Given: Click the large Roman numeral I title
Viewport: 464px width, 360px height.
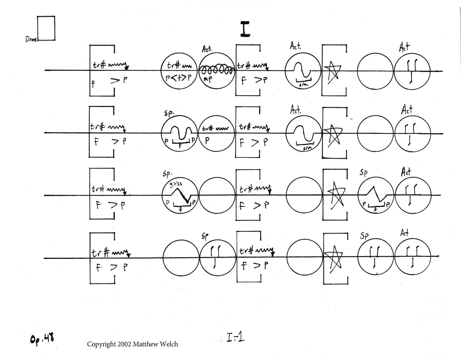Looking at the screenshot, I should point(245,29).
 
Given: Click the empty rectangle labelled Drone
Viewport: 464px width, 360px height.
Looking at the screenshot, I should point(46,28).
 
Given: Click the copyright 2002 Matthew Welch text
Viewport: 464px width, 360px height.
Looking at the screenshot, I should point(132,344).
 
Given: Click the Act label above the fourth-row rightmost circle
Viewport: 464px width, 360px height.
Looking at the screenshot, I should point(404,232).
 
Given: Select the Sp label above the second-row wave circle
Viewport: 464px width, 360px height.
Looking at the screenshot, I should point(169,113).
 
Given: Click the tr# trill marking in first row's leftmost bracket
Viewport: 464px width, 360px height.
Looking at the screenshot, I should point(101,65).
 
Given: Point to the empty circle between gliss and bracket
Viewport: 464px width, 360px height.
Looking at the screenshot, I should point(217,196).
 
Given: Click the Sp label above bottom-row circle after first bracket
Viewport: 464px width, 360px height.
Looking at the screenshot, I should point(205,237).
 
